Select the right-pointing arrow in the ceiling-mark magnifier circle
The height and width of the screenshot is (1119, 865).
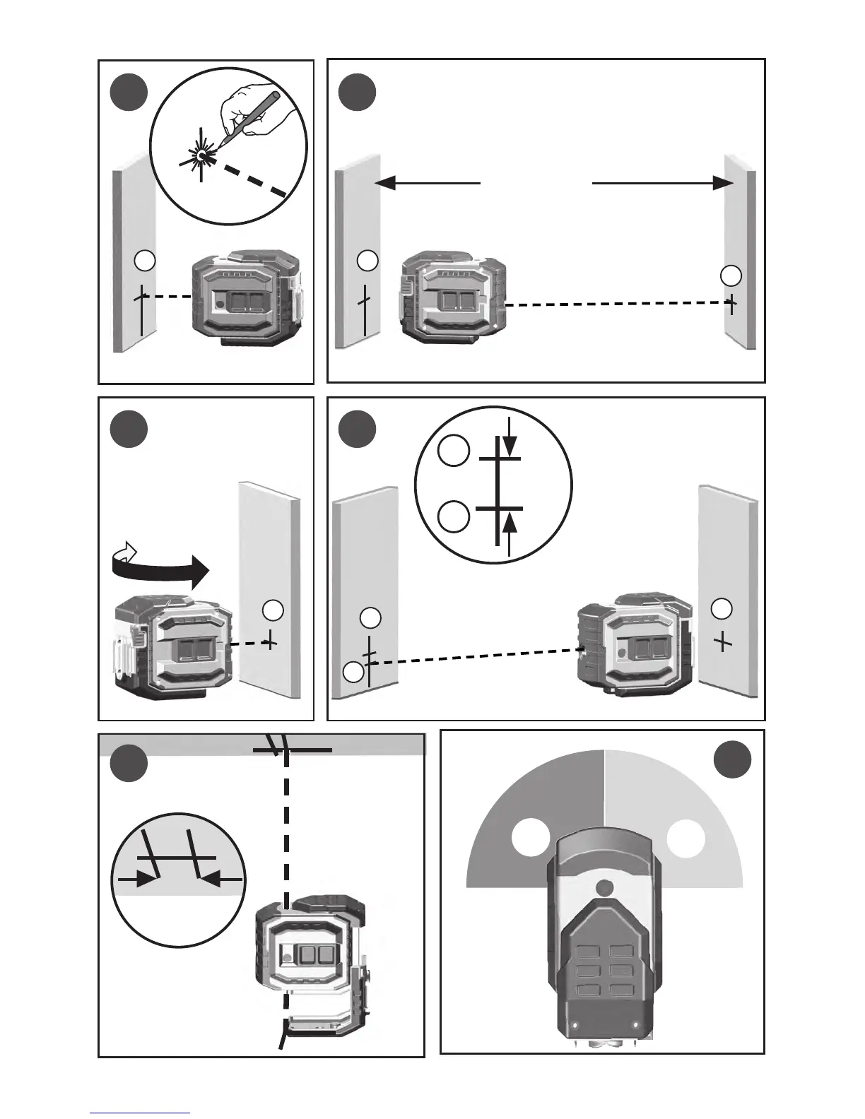click(x=146, y=878)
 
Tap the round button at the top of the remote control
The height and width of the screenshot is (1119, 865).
click(x=604, y=888)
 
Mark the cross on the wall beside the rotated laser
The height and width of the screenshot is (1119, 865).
click(x=270, y=641)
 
